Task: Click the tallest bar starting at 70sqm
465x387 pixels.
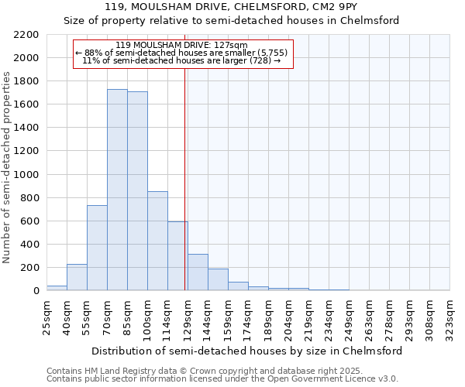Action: pyautogui.click(x=117, y=190)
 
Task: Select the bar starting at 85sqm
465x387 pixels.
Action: pyautogui.click(x=137, y=190)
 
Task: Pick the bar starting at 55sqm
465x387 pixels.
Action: pyautogui.click(x=97, y=248)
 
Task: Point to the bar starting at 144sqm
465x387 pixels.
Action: pyautogui.click(x=218, y=279)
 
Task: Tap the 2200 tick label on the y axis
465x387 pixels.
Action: pyautogui.click(x=26, y=35)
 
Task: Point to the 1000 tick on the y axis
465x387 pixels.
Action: pyautogui.click(x=26, y=175)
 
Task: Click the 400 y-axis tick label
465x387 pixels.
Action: pyautogui.click(x=29, y=245)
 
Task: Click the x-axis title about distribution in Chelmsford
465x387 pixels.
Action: pyautogui.click(x=246, y=351)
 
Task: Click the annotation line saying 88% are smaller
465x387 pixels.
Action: pyautogui.click(x=182, y=53)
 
